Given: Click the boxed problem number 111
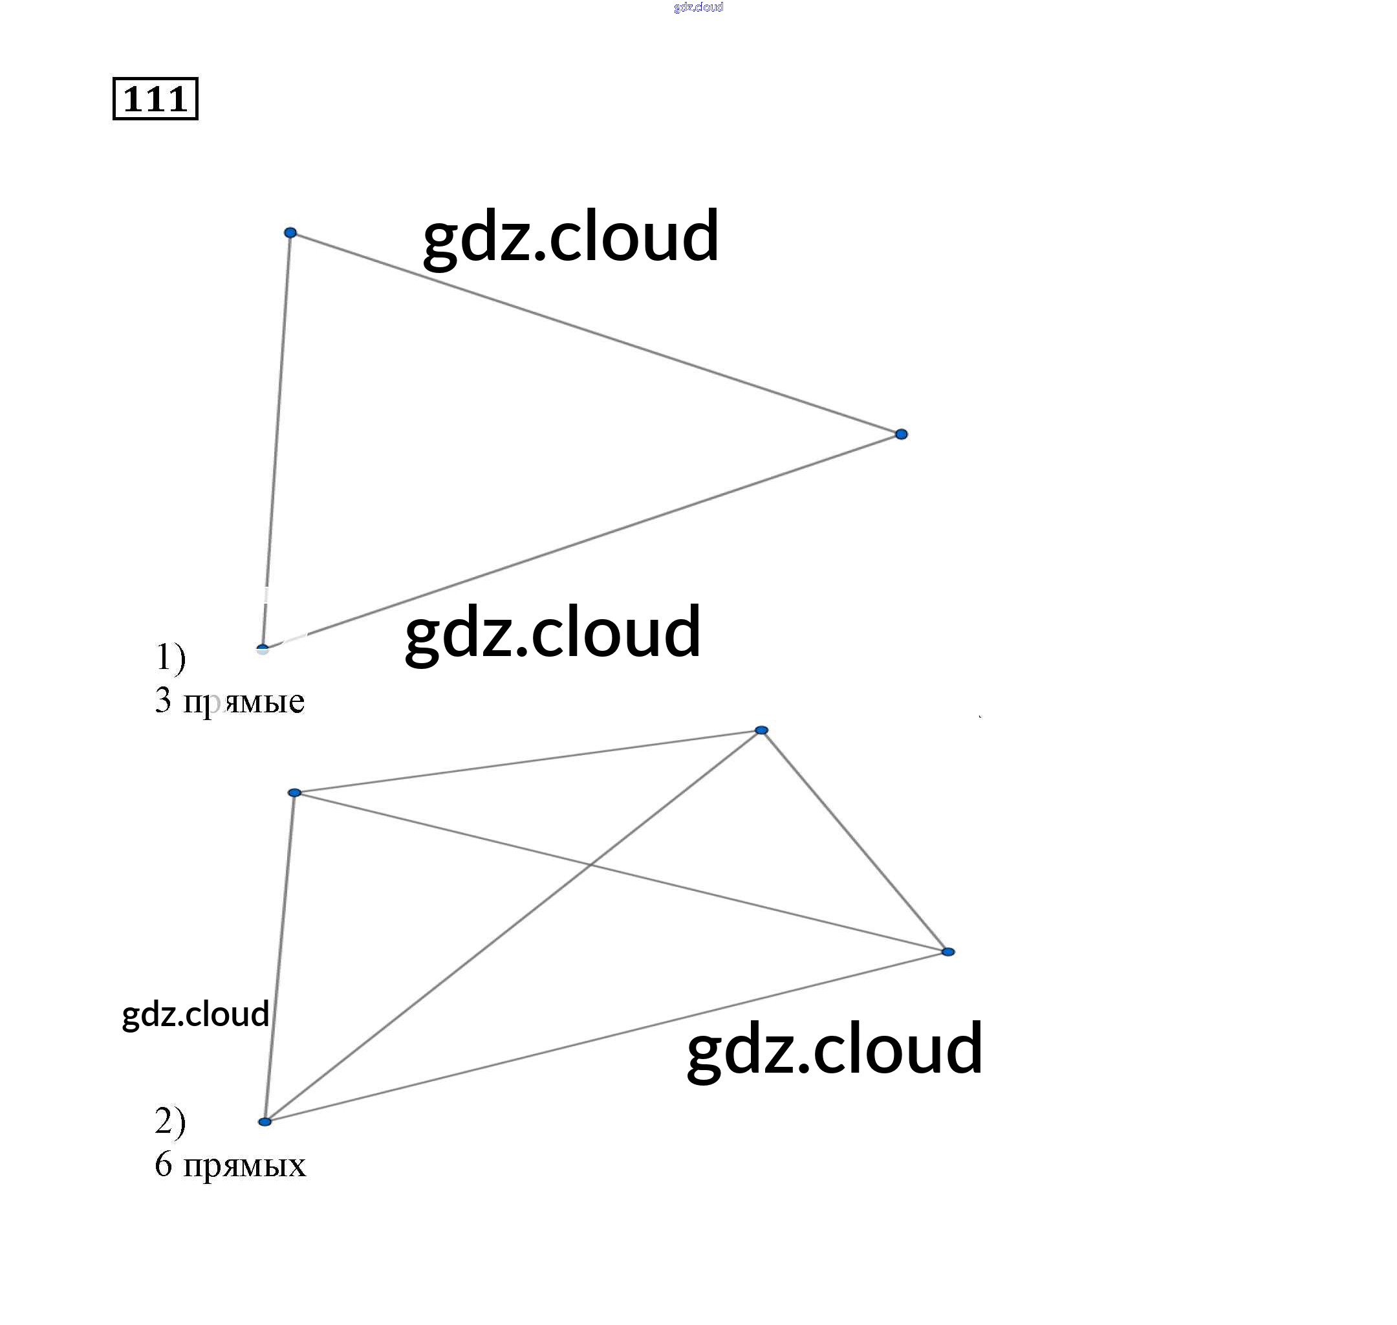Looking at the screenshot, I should [x=155, y=99].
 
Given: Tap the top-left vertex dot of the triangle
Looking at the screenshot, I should [x=290, y=232].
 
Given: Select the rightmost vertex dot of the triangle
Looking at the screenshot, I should [x=902, y=434].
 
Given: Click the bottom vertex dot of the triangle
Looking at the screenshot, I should [x=263, y=648].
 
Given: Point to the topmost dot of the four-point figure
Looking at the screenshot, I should [x=761, y=730].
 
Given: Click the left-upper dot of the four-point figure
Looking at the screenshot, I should [x=295, y=793].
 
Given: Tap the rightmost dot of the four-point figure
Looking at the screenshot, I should [x=948, y=952].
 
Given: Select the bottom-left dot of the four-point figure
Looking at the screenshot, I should [x=265, y=1122].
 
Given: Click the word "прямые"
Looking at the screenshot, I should [x=244, y=702].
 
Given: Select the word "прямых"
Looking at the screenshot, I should [x=244, y=1166].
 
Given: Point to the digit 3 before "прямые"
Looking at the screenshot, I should [x=163, y=701].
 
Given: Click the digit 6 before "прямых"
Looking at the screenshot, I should [x=163, y=1165].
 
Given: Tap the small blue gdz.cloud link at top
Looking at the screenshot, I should [x=698, y=7].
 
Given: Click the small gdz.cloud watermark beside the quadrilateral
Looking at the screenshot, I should [x=195, y=1015].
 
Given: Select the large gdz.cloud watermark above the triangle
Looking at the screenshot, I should [x=570, y=237].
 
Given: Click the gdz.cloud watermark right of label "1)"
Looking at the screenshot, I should [x=553, y=632].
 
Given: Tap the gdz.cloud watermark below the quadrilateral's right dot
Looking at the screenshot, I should [x=834, y=1049].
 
